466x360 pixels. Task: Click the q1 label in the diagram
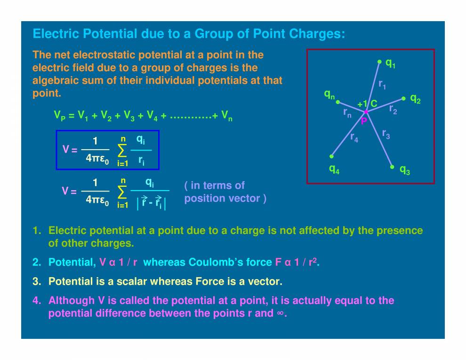click(x=390, y=63)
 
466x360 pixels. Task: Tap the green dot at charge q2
click(x=403, y=98)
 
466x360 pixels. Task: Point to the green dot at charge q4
click(x=332, y=156)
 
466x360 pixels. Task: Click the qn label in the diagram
click(x=329, y=95)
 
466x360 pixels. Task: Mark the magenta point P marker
click(x=366, y=112)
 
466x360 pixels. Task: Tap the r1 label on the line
click(x=382, y=85)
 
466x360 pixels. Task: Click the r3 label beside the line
click(x=386, y=134)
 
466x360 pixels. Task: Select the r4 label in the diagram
click(x=354, y=137)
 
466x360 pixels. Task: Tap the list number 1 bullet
click(x=36, y=231)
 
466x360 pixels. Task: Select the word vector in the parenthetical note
click(x=248, y=198)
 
